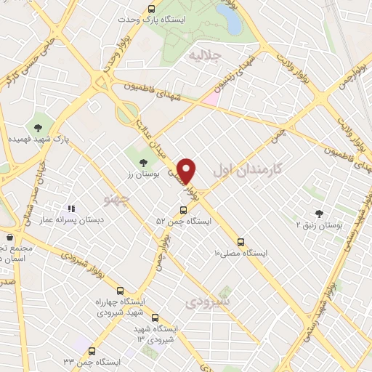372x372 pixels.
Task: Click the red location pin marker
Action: [x=187, y=171]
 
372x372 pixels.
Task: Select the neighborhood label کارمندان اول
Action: [x=247, y=171]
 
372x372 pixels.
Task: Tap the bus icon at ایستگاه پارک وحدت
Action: [x=151, y=9]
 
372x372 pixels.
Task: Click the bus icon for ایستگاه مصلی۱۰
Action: [x=241, y=242]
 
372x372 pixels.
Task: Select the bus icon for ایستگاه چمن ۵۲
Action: [x=182, y=210]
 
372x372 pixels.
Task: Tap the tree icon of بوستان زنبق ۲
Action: [x=319, y=213]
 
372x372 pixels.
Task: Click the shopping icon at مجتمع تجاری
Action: [x=9, y=238]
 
